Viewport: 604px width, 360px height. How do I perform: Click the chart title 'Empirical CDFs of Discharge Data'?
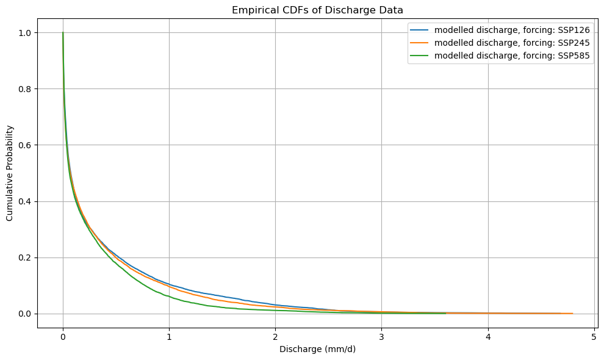[317, 10]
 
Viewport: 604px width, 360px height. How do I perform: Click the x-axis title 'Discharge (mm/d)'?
[317, 349]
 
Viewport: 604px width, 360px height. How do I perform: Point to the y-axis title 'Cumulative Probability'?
[10, 173]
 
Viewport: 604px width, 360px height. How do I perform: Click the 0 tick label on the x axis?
[63, 336]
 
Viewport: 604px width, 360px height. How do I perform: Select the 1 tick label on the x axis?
[169, 336]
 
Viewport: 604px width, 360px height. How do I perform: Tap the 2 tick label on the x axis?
[275, 336]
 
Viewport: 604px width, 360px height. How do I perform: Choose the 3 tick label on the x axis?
[382, 336]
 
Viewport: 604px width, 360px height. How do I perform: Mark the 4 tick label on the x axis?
[488, 336]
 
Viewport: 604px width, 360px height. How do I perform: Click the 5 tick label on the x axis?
[594, 336]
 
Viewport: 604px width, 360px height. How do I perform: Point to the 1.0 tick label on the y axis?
[24, 32]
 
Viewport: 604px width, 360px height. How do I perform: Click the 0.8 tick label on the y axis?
[24, 88]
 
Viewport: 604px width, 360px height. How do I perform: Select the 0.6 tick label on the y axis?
[24, 145]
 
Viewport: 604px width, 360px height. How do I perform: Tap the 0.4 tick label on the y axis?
[24, 201]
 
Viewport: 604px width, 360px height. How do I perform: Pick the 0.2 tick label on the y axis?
[24, 257]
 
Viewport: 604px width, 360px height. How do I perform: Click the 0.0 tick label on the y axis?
[24, 314]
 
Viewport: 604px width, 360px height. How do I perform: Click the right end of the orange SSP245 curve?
[572, 313]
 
